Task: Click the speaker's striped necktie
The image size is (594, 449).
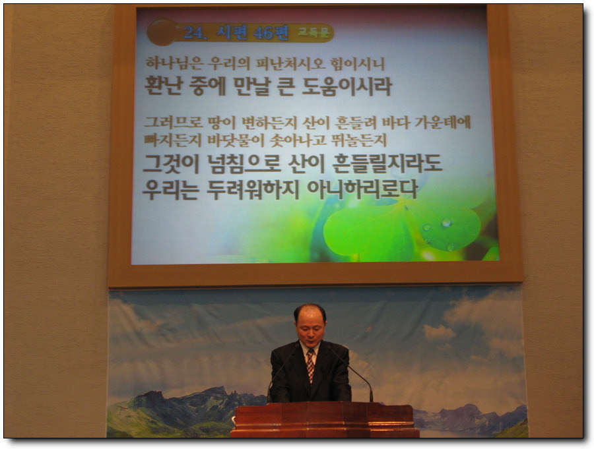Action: click(x=310, y=364)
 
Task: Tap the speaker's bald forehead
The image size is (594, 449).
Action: click(x=310, y=314)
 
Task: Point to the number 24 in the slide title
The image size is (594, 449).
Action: click(x=194, y=32)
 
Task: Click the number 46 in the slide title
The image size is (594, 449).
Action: click(x=263, y=33)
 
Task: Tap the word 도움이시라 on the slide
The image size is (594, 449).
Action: click(x=346, y=86)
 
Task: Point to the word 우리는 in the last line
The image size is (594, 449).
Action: click(x=170, y=189)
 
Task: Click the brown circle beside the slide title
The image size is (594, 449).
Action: click(x=162, y=32)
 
